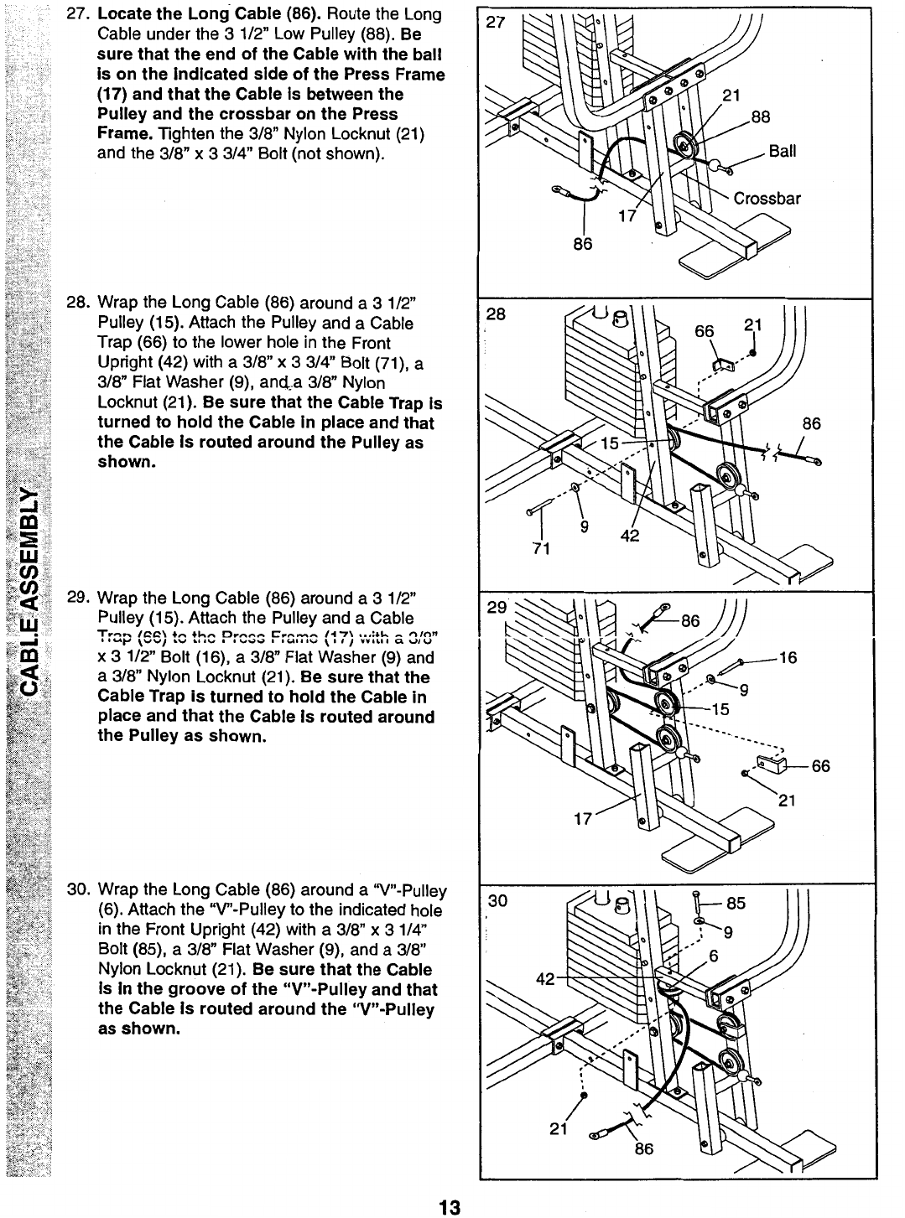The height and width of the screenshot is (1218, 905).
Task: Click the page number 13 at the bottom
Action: click(x=450, y=1207)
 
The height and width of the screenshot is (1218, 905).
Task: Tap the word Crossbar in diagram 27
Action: click(x=767, y=199)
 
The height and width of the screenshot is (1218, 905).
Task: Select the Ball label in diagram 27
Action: click(x=782, y=152)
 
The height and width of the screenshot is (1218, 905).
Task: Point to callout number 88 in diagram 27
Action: click(x=760, y=117)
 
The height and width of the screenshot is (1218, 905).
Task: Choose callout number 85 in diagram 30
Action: click(x=735, y=904)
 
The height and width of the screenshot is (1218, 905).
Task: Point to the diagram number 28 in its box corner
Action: click(x=497, y=314)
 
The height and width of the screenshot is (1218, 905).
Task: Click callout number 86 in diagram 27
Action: click(x=582, y=243)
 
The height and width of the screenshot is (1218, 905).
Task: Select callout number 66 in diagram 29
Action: click(x=820, y=765)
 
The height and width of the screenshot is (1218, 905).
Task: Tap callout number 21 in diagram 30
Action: click(x=559, y=1128)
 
